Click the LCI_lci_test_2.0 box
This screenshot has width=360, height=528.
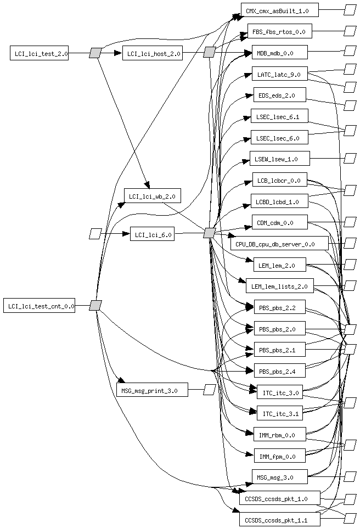click(39, 53)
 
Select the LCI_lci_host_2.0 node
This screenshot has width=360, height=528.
click(152, 53)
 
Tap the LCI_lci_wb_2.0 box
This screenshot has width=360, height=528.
click(152, 195)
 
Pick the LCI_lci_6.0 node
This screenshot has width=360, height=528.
click(152, 234)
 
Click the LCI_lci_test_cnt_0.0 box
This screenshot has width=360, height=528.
click(39, 306)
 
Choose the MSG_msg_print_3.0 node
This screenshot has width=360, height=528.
click(152, 390)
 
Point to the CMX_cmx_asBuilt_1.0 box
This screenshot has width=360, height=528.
click(279, 10)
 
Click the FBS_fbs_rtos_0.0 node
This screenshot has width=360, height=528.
click(279, 31)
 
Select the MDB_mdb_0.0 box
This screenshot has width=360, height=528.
click(279, 53)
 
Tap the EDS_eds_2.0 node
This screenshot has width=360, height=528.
click(279, 95)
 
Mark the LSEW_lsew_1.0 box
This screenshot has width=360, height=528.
click(279, 159)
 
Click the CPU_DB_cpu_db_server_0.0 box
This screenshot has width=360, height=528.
click(279, 243)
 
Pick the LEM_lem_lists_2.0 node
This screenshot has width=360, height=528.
click(279, 285)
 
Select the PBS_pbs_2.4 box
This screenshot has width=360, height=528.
click(279, 372)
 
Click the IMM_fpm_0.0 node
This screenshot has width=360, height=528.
click(279, 456)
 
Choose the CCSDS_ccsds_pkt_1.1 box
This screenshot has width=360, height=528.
click(279, 519)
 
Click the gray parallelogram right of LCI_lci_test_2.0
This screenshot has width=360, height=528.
click(95, 53)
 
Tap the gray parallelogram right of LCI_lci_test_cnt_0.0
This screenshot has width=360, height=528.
click(95, 305)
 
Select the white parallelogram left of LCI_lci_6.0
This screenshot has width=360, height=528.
click(95, 234)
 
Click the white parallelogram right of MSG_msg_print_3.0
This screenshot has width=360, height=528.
click(209, 390)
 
